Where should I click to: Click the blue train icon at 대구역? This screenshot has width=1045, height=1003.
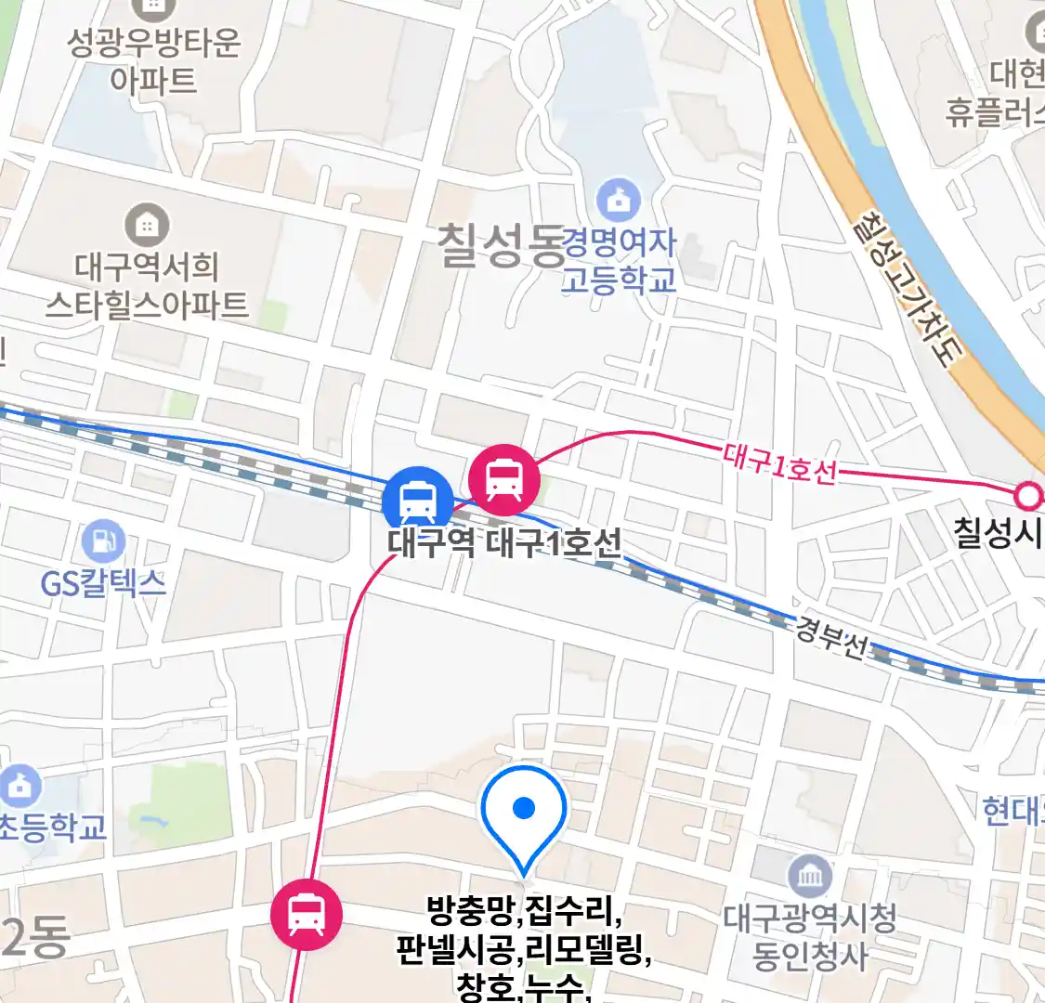tap(417, 501)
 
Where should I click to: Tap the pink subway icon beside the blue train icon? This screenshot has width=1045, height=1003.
tap(503, 478)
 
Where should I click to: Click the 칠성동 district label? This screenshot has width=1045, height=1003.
tap(500, 246)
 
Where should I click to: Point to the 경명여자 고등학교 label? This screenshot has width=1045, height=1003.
tap(619, 261)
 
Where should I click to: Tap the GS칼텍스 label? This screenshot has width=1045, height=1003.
tap(103, 583)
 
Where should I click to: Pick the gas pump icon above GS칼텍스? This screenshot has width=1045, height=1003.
tap(103, 541)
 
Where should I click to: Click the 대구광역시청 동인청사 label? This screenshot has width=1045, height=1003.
tap(810, 936)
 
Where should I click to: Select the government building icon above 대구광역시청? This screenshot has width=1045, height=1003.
tap(810, 877)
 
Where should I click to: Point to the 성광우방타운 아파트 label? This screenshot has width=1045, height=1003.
tap(154, 60)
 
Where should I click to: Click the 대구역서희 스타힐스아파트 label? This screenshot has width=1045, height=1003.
tap(147, 286)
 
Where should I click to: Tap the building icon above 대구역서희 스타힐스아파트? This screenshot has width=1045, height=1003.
tap(147, 226)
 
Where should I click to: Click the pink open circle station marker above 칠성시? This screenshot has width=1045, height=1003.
tap(1028, 497)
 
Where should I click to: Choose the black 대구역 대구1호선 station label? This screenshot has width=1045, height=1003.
tap(504, 542)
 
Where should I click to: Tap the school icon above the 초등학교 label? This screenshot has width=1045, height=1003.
tap(20, 787)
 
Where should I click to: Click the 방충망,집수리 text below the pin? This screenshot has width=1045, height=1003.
tap(524, 911)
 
